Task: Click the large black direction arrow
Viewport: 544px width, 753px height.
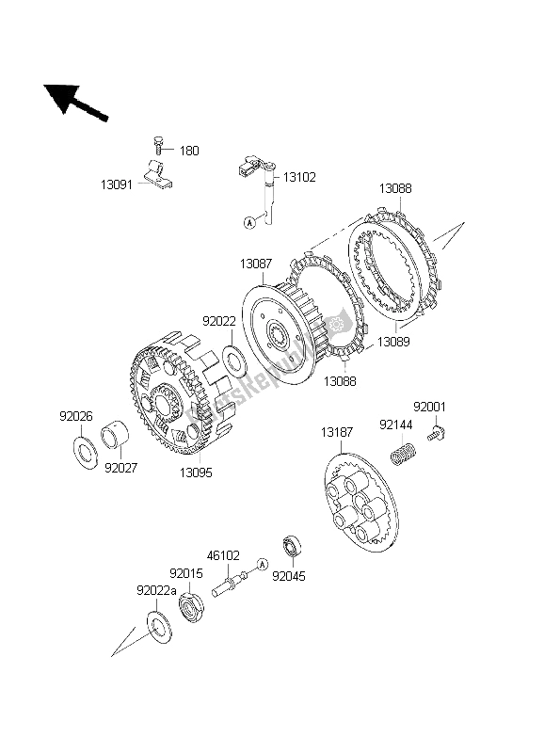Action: tap(75, 103)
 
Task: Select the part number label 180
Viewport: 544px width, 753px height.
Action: tap(189, 151)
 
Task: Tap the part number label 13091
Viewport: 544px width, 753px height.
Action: tap(116, 184)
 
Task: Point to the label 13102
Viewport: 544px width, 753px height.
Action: tap(299, 177)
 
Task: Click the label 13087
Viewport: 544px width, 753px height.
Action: tap(256, 264)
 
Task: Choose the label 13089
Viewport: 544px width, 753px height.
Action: tap(393, 342)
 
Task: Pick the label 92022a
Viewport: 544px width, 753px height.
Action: tap(156, 591)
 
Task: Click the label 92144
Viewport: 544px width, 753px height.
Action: tap(395, 425)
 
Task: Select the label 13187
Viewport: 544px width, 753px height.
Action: tap(337, 432)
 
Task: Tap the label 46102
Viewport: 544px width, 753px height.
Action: tap(223, 555)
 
